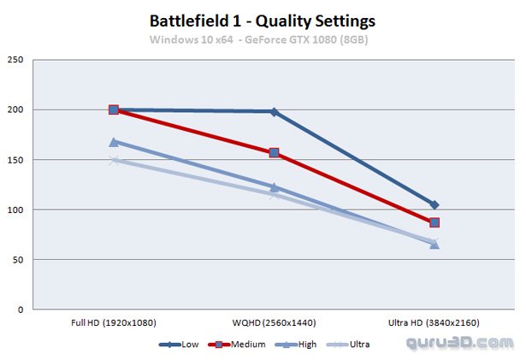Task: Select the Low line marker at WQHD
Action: tap(274, 112)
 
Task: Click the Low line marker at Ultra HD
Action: tap(434, 205)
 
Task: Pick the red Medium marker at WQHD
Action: tap(274, 153)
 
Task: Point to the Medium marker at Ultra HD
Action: tap(434, 222)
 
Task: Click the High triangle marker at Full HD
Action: tap(114, 142)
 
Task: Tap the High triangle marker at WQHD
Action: tap(274, 187)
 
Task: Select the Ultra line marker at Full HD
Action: tap(114, 160)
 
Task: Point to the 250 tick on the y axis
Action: tap(16, 60)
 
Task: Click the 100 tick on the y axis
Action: tap(16, 210)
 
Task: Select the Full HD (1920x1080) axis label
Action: tap(114, 322)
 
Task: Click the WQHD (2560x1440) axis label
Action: tap(274, 322)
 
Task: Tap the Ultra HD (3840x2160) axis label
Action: tap(434, 322)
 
